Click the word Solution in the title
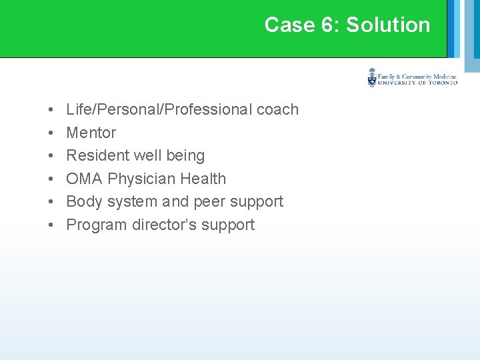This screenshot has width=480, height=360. click(388, 25)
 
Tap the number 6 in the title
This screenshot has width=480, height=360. click(329, 25)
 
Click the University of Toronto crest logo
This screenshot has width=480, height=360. click(372, 77)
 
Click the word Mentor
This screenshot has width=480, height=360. click(91, 133)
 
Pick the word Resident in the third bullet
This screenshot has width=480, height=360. click(97, 155)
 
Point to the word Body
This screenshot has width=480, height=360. click(84, 201)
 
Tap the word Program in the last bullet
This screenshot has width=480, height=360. click(96, 225)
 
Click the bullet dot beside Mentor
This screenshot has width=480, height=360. click(51, 133)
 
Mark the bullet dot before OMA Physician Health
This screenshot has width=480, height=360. click(51, 179)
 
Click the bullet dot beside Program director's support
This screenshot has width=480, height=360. click(51, 225)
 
